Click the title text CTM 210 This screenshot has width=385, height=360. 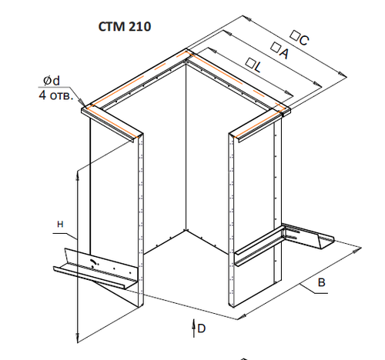coord(125,27)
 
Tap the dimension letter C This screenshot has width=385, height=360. coord(304,40)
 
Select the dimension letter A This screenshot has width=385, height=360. coord(284,53)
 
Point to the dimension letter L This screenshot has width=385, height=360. coord(258,67)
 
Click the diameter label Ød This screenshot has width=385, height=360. coord(52,81)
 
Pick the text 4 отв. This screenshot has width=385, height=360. coord(55,95)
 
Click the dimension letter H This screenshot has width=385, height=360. coord(60,225)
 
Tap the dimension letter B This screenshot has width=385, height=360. coord(322,282)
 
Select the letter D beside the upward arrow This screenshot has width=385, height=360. coord(202,328)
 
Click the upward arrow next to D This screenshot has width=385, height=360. coord(194,328)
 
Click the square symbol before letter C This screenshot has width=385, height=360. coord(295,35)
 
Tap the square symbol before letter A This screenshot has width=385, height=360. coord(276,47)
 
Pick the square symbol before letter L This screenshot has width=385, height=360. coord(249,62)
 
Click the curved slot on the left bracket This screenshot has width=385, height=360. coord(93,262)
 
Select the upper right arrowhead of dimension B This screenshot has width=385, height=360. coord(357,250)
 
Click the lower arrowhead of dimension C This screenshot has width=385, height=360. coord(342,74)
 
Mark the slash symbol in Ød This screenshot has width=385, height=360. coord(48,81)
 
